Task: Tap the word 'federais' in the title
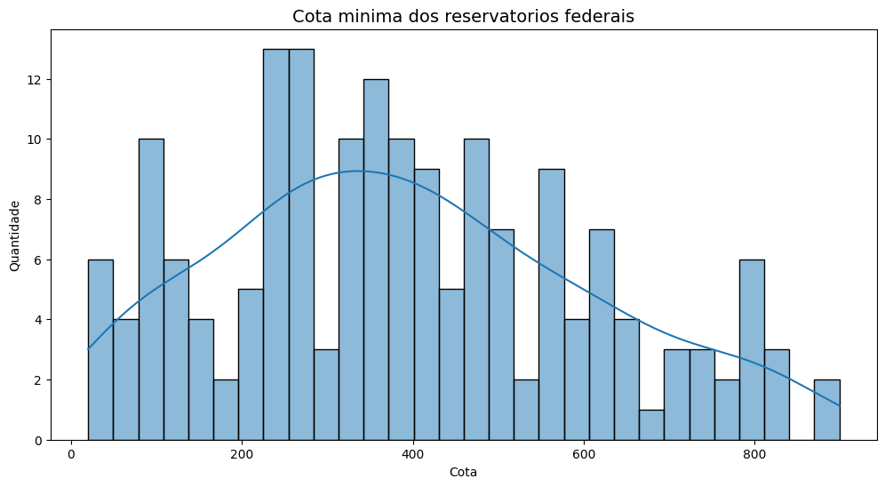click(602, 16)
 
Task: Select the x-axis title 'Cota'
click(463, 472)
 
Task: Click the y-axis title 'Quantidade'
click(15, 236)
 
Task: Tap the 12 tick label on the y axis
click(35, 79)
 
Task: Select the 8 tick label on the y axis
click(38, 200)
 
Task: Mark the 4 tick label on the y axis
click(38, 320)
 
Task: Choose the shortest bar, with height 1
click(651, 425)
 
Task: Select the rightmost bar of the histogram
click(826, 410)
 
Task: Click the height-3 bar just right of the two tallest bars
click(326, 395)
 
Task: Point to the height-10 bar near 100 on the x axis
click(151, 290)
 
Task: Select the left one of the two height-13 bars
click(275, 244)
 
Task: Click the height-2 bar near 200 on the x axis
click(226, 410)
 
